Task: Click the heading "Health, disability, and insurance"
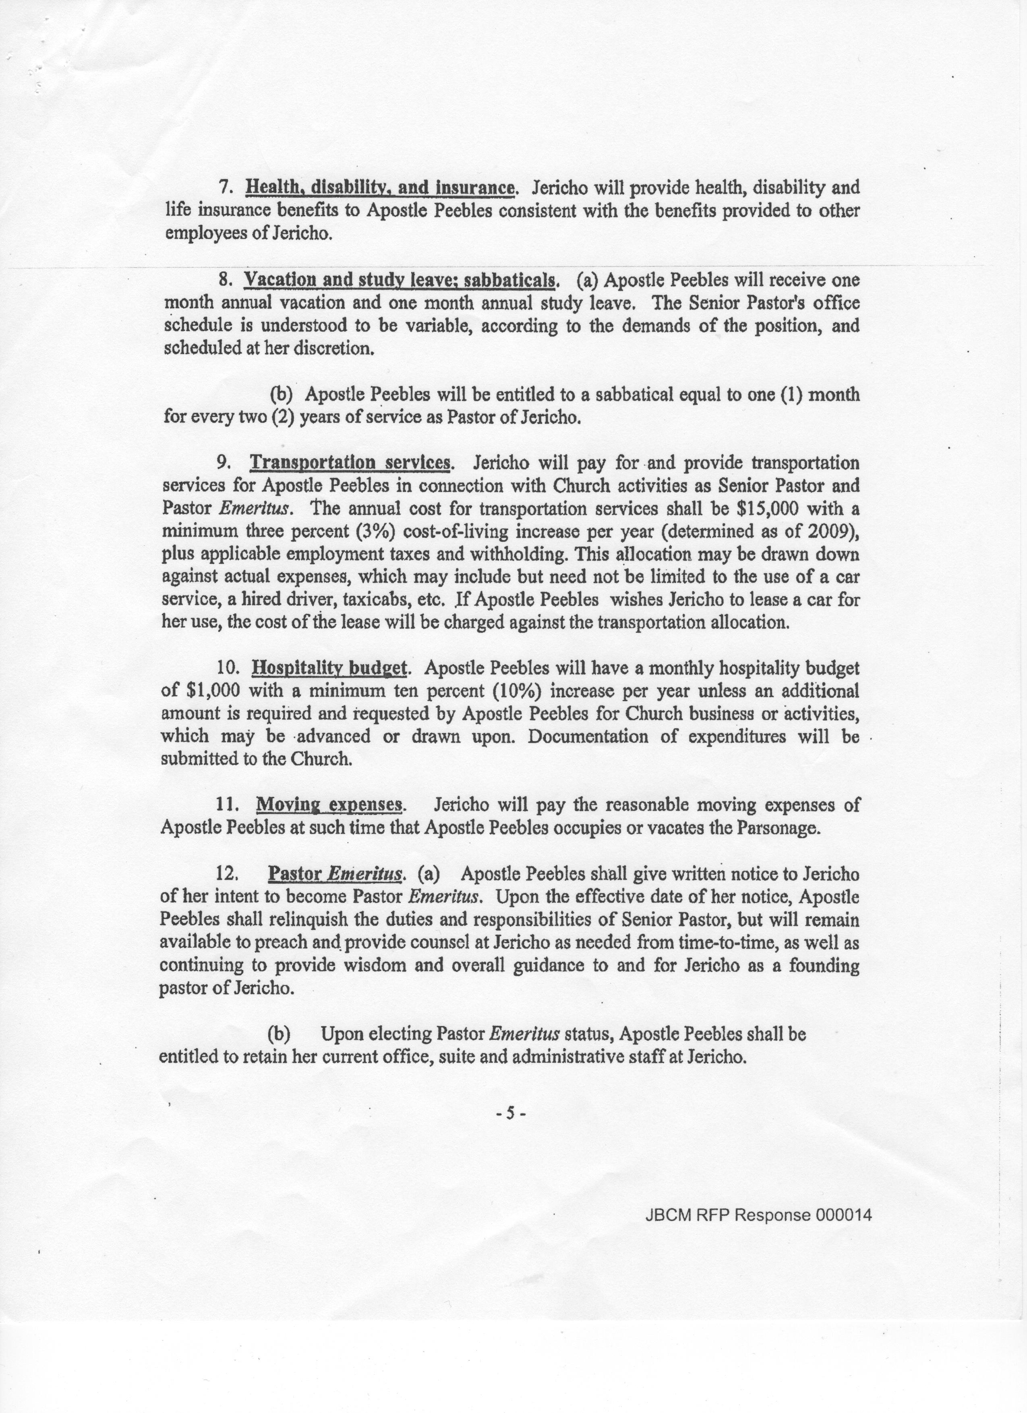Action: tap(380, 188)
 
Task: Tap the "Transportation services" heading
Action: tap(350, 463)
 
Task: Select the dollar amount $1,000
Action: tap(212, 691)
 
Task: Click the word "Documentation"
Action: tap(589, 736)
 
